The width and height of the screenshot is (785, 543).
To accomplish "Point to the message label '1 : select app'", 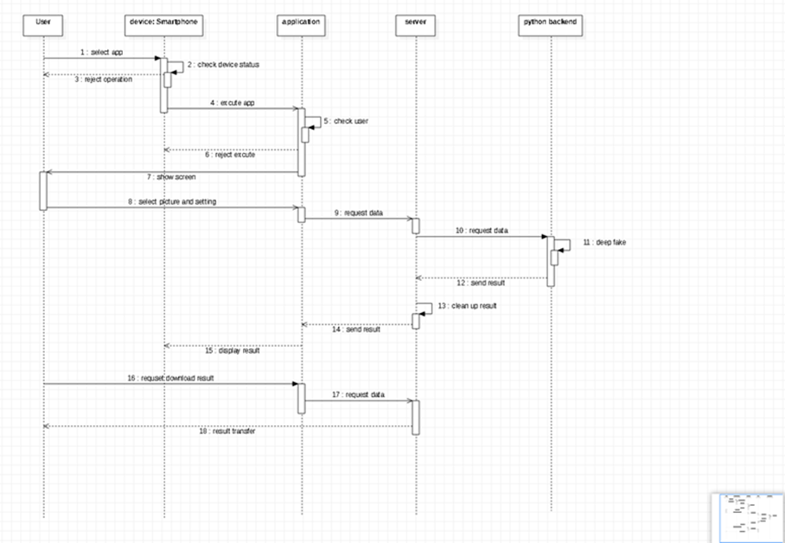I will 102,53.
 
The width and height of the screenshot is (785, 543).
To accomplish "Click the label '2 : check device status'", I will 222,65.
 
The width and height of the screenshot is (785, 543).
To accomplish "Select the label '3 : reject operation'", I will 103,80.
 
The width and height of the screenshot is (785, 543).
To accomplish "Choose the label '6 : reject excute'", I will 230,155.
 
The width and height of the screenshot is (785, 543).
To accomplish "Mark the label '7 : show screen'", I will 170,177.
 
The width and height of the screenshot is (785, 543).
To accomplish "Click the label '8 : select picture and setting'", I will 171,201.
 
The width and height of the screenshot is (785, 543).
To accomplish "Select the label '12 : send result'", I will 481,283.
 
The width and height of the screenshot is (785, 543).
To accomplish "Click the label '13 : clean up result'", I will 467,306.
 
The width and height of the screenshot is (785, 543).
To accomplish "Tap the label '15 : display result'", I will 232,350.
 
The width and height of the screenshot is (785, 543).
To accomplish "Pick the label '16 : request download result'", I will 170,378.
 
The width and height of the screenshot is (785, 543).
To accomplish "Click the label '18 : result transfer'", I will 228,431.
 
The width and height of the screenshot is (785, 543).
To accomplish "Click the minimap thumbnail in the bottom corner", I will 747,517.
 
